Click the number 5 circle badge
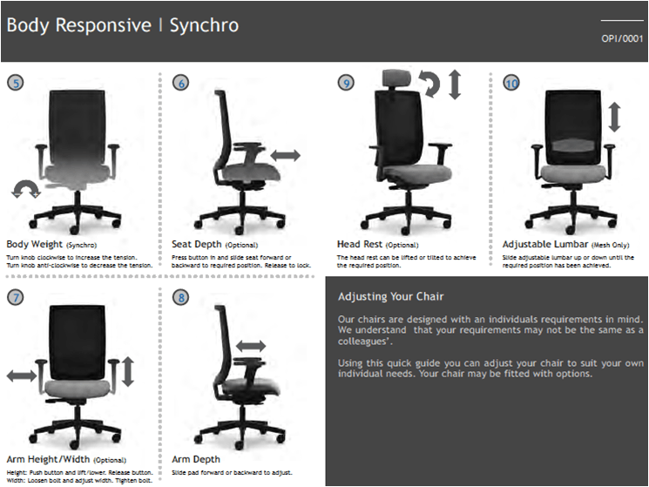pos(15,84)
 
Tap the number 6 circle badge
pos(181,84)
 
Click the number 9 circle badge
pos(347,84)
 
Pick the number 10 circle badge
pos(511,84)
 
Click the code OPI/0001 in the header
pos(621,39)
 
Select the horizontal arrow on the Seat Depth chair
pos(286,154)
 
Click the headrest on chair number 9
pos(398,79)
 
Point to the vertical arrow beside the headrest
pos(455,85)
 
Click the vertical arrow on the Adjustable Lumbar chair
pos(614,118)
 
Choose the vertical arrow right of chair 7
pos(128,372)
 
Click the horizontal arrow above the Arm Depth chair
pos(250,347)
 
